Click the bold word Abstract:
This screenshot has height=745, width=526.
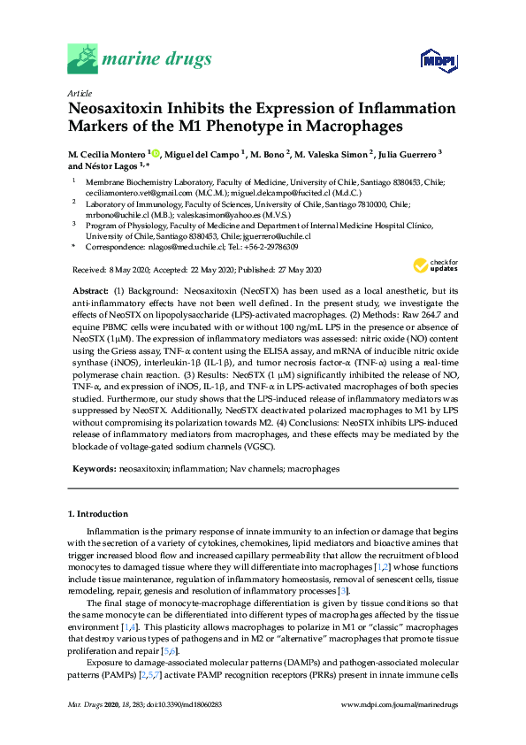(90, 291)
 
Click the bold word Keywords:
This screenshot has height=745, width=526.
(92, 468)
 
